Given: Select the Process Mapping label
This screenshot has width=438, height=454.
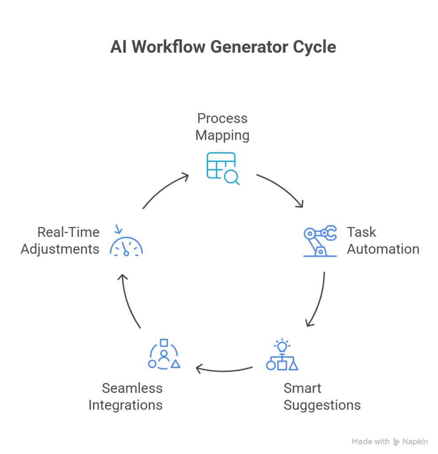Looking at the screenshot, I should pos(222,127).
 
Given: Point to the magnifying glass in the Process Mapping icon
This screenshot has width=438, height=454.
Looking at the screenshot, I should pos(232,177).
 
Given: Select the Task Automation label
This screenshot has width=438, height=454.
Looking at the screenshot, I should pos(382,241).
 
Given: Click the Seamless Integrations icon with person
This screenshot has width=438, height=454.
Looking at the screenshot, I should pos(164,355).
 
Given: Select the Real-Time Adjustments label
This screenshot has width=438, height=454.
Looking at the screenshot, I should pos(60,241).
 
